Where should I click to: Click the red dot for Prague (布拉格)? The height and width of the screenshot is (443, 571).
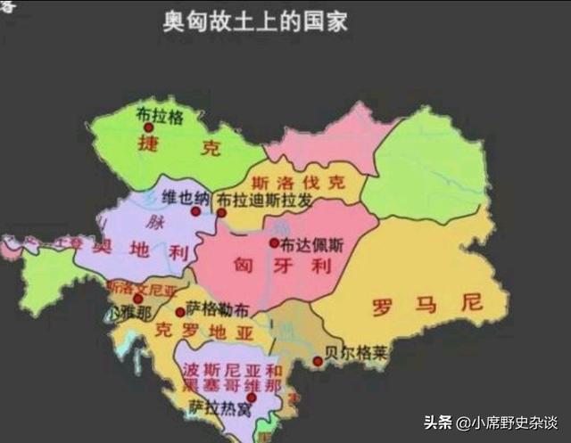tap(149, 127)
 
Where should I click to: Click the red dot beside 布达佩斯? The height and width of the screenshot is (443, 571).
tap(274, 242)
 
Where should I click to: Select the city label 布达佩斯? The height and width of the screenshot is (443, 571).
tap(306, 243)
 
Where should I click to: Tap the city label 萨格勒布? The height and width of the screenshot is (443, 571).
tap(219, 310)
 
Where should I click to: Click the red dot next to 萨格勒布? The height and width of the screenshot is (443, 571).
tap(180, 312)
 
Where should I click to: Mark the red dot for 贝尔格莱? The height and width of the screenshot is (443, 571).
tap(319, 361)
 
